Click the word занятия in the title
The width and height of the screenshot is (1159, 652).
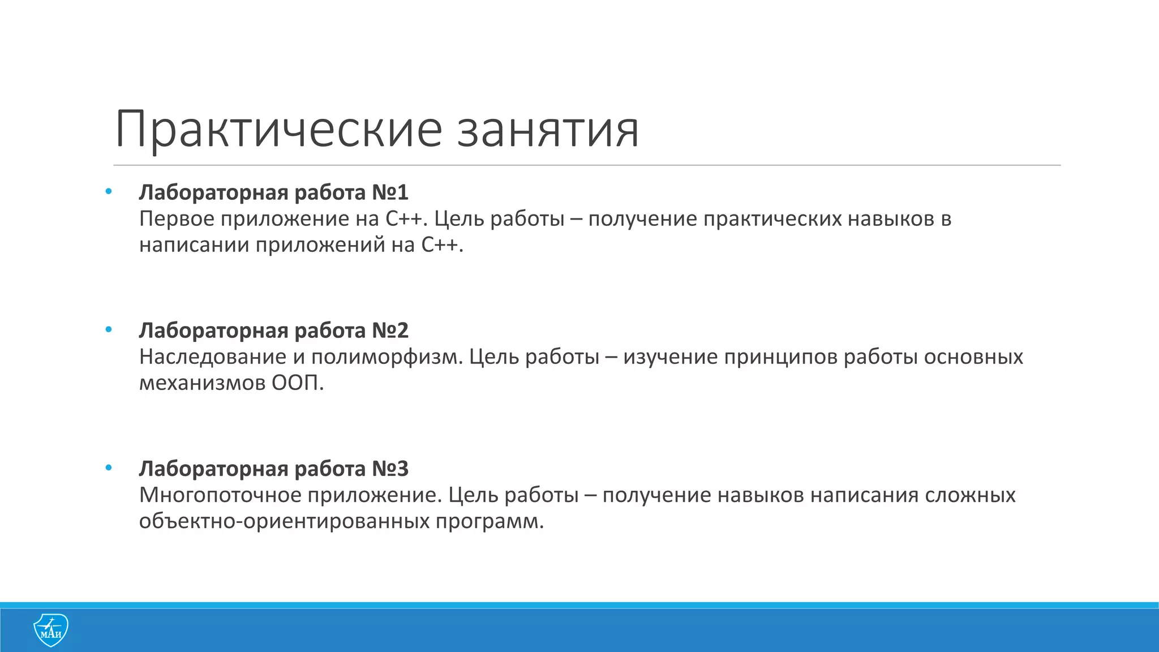click(548, 130)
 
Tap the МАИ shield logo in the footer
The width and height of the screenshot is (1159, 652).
click(51, 629)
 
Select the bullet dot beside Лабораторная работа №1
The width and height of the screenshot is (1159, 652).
click(109, 191)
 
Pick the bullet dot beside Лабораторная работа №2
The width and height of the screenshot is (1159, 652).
click(109, 329)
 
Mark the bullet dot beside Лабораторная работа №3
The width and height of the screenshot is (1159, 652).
click(109, 467)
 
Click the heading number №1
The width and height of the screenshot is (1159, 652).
click(390, 192)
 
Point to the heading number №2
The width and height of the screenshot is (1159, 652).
click(390, 331)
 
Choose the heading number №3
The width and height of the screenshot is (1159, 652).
click(390, 469)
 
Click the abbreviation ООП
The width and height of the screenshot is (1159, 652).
click(298, 383)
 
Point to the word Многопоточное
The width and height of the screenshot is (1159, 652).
click(221, 495)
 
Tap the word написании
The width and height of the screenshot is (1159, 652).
click(194, 245)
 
